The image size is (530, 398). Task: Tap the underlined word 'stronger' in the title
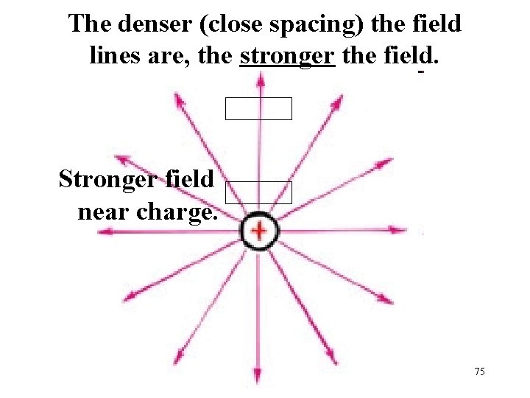287,55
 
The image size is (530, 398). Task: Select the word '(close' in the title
222,24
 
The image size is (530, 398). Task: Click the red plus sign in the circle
258,231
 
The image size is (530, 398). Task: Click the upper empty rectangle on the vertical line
258,108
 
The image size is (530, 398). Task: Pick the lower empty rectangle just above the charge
258,192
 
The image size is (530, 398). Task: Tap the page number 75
479,372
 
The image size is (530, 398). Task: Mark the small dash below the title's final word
421,74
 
